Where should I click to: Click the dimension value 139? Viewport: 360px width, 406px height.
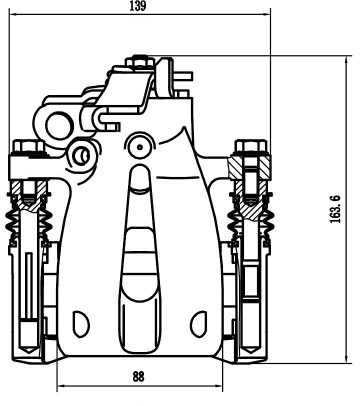(x=138, y=5)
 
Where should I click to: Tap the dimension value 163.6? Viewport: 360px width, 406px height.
(x=334, y=209)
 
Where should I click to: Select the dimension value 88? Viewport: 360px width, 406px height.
(x=138, y=376)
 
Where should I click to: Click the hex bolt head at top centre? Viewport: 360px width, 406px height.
(x=140, y=61)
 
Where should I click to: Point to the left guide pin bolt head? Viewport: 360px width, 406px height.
(x=28, y=147)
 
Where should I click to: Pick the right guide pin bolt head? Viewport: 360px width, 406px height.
(x=250, y=147)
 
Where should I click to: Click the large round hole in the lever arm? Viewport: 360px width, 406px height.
(x=59, y=126)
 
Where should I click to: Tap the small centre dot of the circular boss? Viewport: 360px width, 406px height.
(x=140, y=147)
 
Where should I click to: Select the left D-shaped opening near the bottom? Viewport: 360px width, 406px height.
(x=81, y=324)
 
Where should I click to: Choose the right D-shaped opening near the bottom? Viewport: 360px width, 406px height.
(x=199, y=324)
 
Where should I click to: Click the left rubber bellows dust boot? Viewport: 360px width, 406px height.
(x=28, y=222)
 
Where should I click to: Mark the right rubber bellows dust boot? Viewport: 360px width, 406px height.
(x=250, y=222)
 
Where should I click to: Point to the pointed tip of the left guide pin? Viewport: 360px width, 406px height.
(x=29, y=352)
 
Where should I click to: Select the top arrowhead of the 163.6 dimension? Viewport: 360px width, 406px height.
(x=346, y=59)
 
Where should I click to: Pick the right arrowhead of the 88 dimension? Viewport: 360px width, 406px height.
(x=219, y=386)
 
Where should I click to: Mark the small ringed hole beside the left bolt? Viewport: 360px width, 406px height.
(x=81, y=155)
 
